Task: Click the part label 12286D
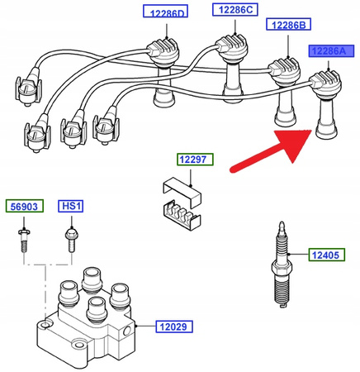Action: click(165, 11)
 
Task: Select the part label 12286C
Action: click(235, 10)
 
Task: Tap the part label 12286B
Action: click(288, 24)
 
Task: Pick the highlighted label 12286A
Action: click(331, 50)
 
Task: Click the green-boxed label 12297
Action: click(195, 160)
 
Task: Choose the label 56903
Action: click(25, 206)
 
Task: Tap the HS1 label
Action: click(71, 206)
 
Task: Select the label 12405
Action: click(326, 255)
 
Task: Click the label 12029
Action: click(174, 327)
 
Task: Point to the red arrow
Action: click(271, 150)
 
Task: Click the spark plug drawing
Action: click(282, 265)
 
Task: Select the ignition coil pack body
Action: click(85, 317)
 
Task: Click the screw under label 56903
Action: click(24, 240)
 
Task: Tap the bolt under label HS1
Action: click(72, 239)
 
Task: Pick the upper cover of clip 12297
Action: click(182, 191)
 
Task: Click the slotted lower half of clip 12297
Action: click(182, 216)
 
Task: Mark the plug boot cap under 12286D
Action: click(163, 51)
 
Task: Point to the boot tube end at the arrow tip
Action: click(326, 132)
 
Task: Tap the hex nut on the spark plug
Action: click(282, 267)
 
